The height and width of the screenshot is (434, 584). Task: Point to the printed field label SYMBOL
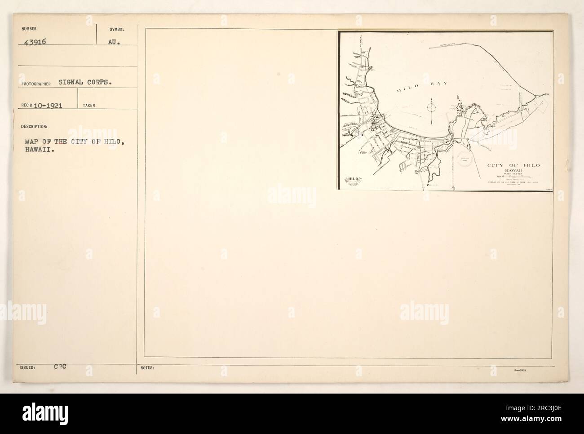[117, 29]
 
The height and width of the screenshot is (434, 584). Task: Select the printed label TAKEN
[88, 106]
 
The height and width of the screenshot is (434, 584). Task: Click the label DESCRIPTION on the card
[31, 126]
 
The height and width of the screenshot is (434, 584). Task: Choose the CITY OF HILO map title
[513, 165]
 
